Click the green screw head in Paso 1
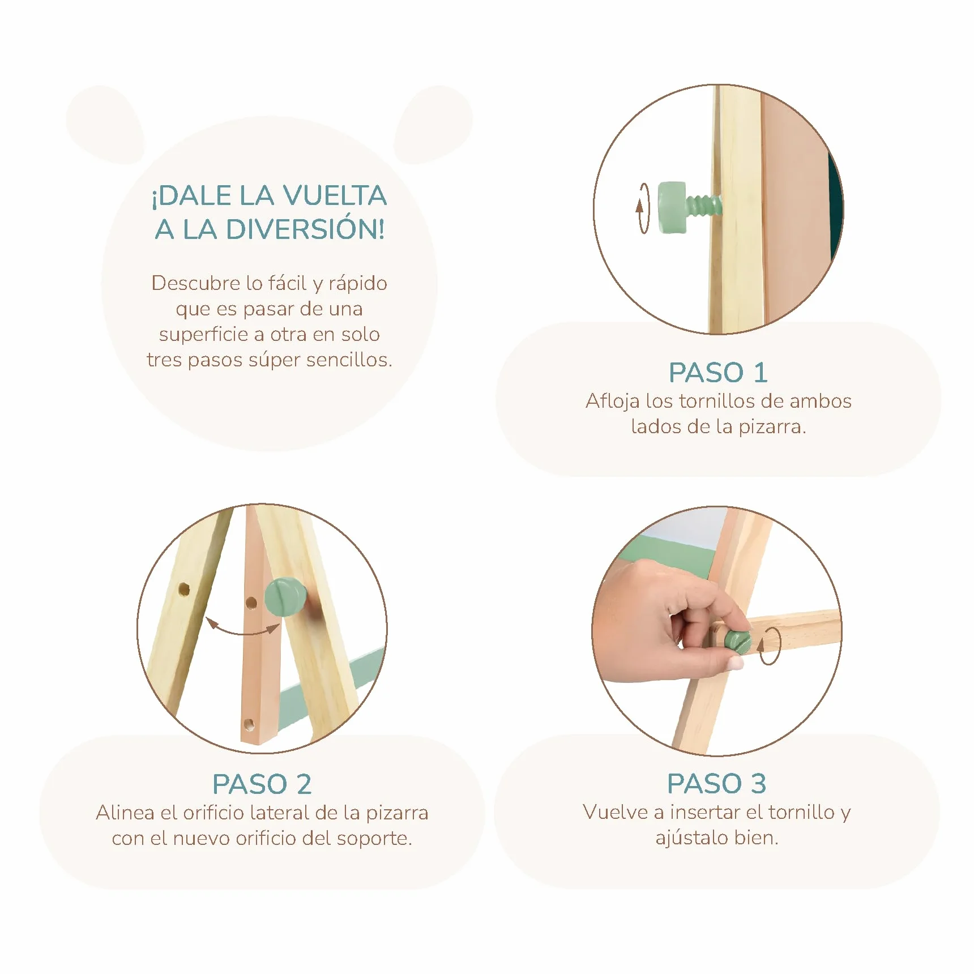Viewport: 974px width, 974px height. tap(672, 207)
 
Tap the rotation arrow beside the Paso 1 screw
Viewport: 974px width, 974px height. tap(643, 208)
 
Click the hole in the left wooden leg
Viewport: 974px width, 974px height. tap(184, 589)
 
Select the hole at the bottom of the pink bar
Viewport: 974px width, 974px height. tap(249, 724)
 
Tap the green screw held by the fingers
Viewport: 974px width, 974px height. tap(738, 642)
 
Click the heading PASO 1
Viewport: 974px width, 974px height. tap(718, 373)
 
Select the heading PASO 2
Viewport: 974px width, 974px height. tap(262, 784)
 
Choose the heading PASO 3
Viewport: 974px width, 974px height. tap(717, 784)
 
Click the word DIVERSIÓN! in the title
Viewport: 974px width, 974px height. tap(306, 229)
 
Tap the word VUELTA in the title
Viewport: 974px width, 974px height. tap(335, 195)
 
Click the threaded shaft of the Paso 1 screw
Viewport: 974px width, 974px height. tap(703, 206)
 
